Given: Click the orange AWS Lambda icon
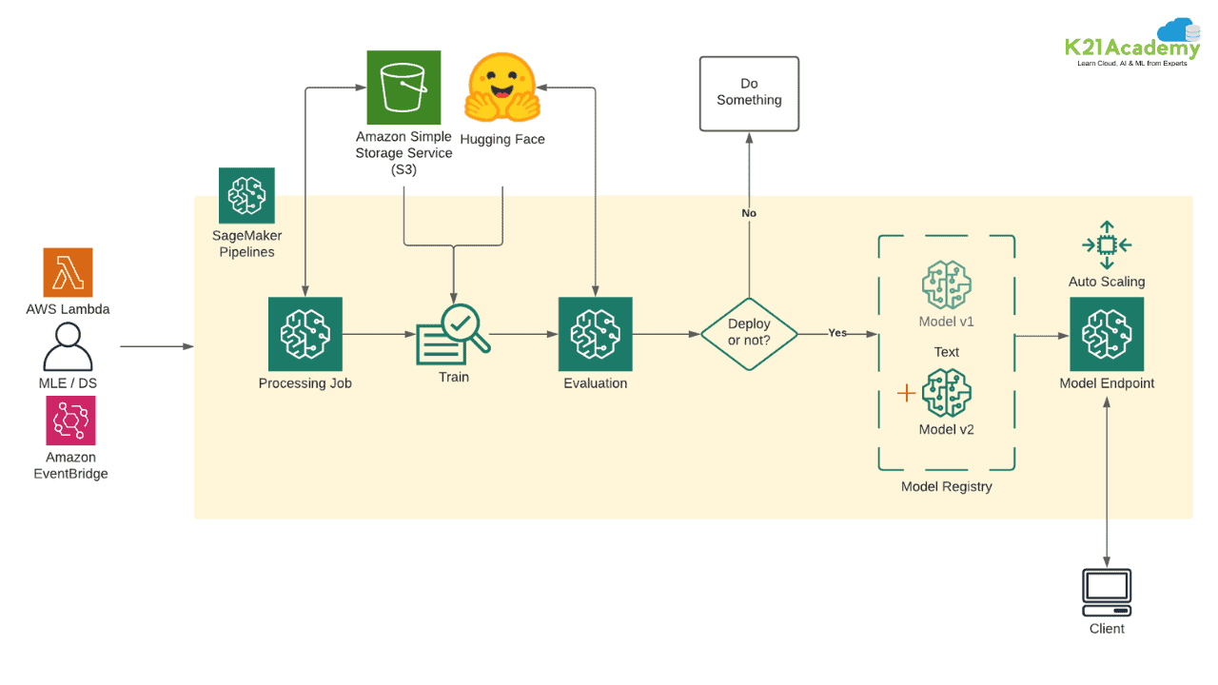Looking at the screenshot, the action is (68, 272).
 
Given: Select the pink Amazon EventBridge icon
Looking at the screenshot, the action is (70, 421).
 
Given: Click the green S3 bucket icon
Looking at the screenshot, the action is (403, 88).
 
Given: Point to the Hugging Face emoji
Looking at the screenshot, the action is (502, 87).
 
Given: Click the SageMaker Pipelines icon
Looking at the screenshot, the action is (246, 195).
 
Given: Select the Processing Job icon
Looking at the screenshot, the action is (305, 334).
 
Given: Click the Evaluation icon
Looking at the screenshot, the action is (596, 334).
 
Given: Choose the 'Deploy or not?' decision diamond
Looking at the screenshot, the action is (749, 334).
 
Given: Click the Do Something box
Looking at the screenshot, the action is (749, 93).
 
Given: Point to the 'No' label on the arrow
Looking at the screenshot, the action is (749, 213).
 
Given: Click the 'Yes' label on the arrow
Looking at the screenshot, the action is (837, 333).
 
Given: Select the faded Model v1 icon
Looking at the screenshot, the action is (947, 284).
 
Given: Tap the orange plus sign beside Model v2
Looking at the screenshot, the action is (907, 393).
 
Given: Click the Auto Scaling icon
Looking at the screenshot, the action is (1107, 245).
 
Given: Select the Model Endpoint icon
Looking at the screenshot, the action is (1107, 334).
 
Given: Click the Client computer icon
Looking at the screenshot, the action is (1107, 593).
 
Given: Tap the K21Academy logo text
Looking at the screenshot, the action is (1132, 48).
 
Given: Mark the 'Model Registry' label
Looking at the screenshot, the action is (947, 486).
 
